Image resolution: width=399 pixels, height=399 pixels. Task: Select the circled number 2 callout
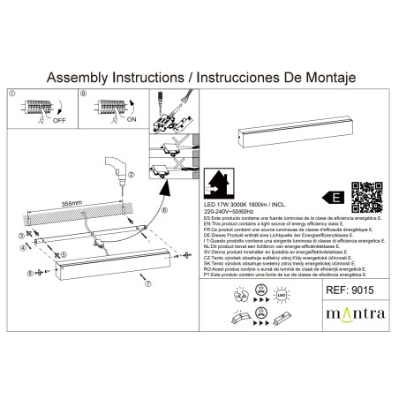point(131,176)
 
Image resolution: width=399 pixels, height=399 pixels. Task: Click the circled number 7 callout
point(148,283)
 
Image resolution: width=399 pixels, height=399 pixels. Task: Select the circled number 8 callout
point(28,274)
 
